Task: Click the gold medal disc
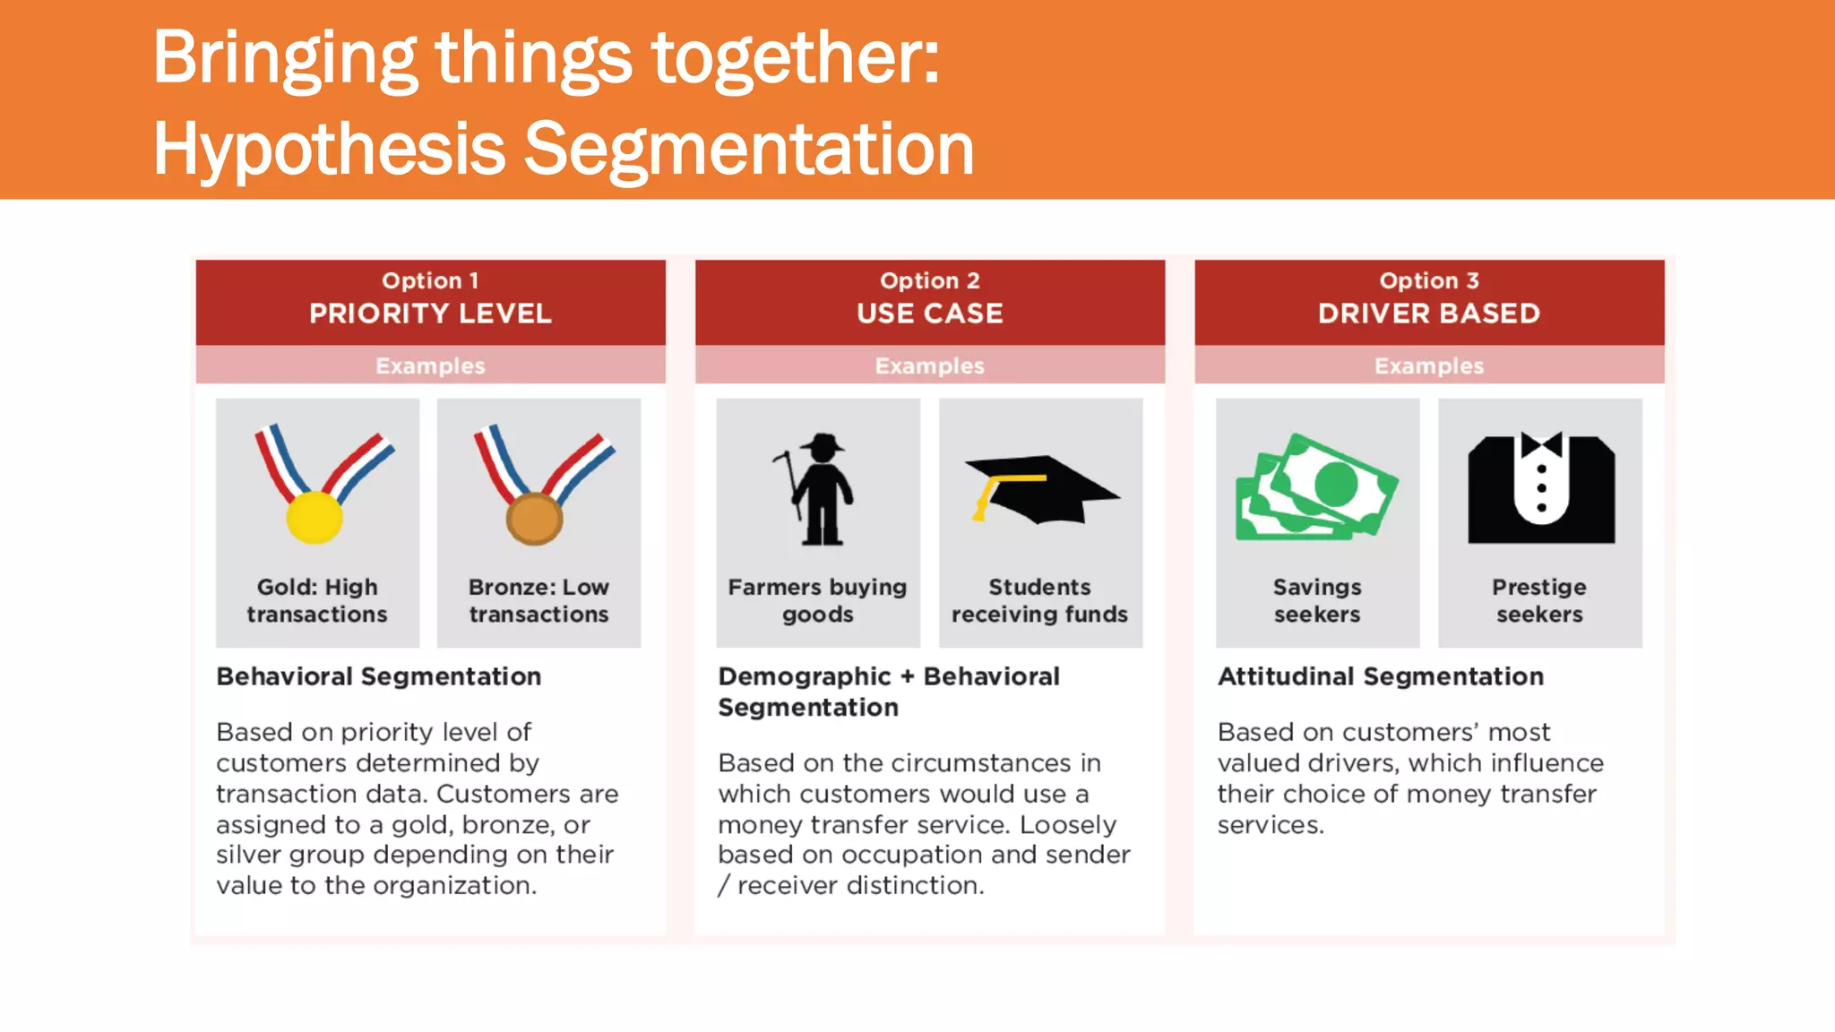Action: tap(314, 517)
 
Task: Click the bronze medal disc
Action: tap(534, 519)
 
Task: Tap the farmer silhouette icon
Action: tap(820, 490)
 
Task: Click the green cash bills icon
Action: tap(1315, 489)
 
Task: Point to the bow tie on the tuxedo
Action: tap(1541, 444)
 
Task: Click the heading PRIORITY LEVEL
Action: tap(430, 314)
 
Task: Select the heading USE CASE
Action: tap(929, 314)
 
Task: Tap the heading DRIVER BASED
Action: tap(1428, 314)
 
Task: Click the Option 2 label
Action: tap(929, 280)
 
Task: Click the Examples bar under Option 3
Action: tap(1428, 365)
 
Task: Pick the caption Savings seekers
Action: tap(1317, 600)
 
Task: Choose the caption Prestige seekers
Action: tap(1539, 600)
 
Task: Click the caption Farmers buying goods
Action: tap(817, 600)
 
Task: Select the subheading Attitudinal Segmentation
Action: tap(1380, 676)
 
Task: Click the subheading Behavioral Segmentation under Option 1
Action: tap(378, 676)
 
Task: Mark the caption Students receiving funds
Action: tap(1039, 600)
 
